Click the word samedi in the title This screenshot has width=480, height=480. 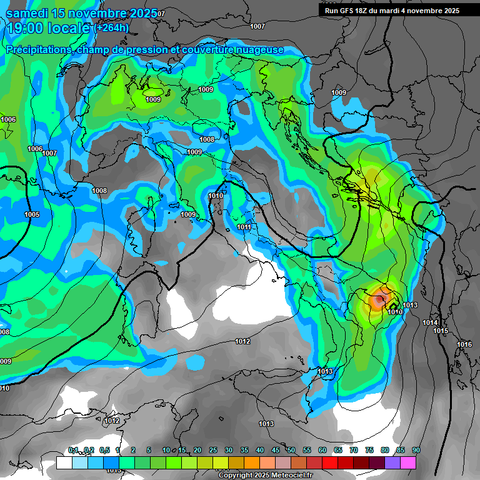pos(28,12)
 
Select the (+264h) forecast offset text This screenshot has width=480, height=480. pos(112,27)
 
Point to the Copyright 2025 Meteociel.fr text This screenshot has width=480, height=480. pos(265,475)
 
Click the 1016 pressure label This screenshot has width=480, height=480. pos(464,345)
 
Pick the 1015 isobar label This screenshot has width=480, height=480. pos(441,331)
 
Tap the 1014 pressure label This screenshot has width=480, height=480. pos(429,322)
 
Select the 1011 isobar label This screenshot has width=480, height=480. pos(244,227)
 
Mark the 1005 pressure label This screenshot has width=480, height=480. pos(32,214)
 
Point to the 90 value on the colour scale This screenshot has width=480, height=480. pos(416,451)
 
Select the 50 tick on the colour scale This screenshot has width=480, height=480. pos(291,451)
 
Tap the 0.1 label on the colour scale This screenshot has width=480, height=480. pos(73,451)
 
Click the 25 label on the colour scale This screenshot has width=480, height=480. pos(213,451)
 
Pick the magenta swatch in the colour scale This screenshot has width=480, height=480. pos(408,462)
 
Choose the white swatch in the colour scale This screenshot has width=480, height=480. pos(64,462)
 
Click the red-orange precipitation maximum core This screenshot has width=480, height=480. pos(378,299)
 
